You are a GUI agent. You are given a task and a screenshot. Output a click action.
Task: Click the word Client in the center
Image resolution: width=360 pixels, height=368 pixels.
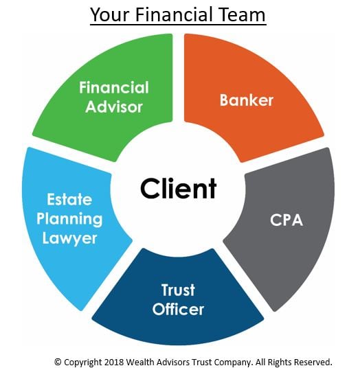tap(178, 188)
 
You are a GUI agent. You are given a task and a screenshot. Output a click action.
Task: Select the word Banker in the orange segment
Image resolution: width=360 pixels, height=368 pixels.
tap(247, 100)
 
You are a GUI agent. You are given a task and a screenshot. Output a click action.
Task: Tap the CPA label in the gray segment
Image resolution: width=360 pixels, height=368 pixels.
tap(286, 220)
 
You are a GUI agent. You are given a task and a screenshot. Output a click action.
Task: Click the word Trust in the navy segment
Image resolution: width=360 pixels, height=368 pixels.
tap(178, 290)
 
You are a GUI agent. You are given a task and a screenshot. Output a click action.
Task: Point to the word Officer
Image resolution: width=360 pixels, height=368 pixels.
tap(178, 309)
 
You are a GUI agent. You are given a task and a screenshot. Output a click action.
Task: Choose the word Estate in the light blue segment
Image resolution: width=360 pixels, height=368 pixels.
tap(69, 199)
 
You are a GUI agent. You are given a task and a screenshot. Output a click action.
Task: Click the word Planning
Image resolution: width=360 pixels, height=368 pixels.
tap(69, 219)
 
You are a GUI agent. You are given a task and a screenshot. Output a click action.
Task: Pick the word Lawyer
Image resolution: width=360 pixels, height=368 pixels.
tap(69, 239)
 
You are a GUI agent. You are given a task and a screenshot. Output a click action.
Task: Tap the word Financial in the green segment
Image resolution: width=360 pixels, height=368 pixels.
tap(114, 87)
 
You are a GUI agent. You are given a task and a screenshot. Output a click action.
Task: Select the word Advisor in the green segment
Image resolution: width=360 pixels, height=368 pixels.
tap(114, 107)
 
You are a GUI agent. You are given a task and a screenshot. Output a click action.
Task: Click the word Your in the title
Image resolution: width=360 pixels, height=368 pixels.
tap(110, 14)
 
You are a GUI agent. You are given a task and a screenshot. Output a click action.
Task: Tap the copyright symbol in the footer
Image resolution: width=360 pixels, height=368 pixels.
tap(58, 362)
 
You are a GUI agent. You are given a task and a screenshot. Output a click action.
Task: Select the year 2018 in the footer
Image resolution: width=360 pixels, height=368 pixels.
tap(114, 362)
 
